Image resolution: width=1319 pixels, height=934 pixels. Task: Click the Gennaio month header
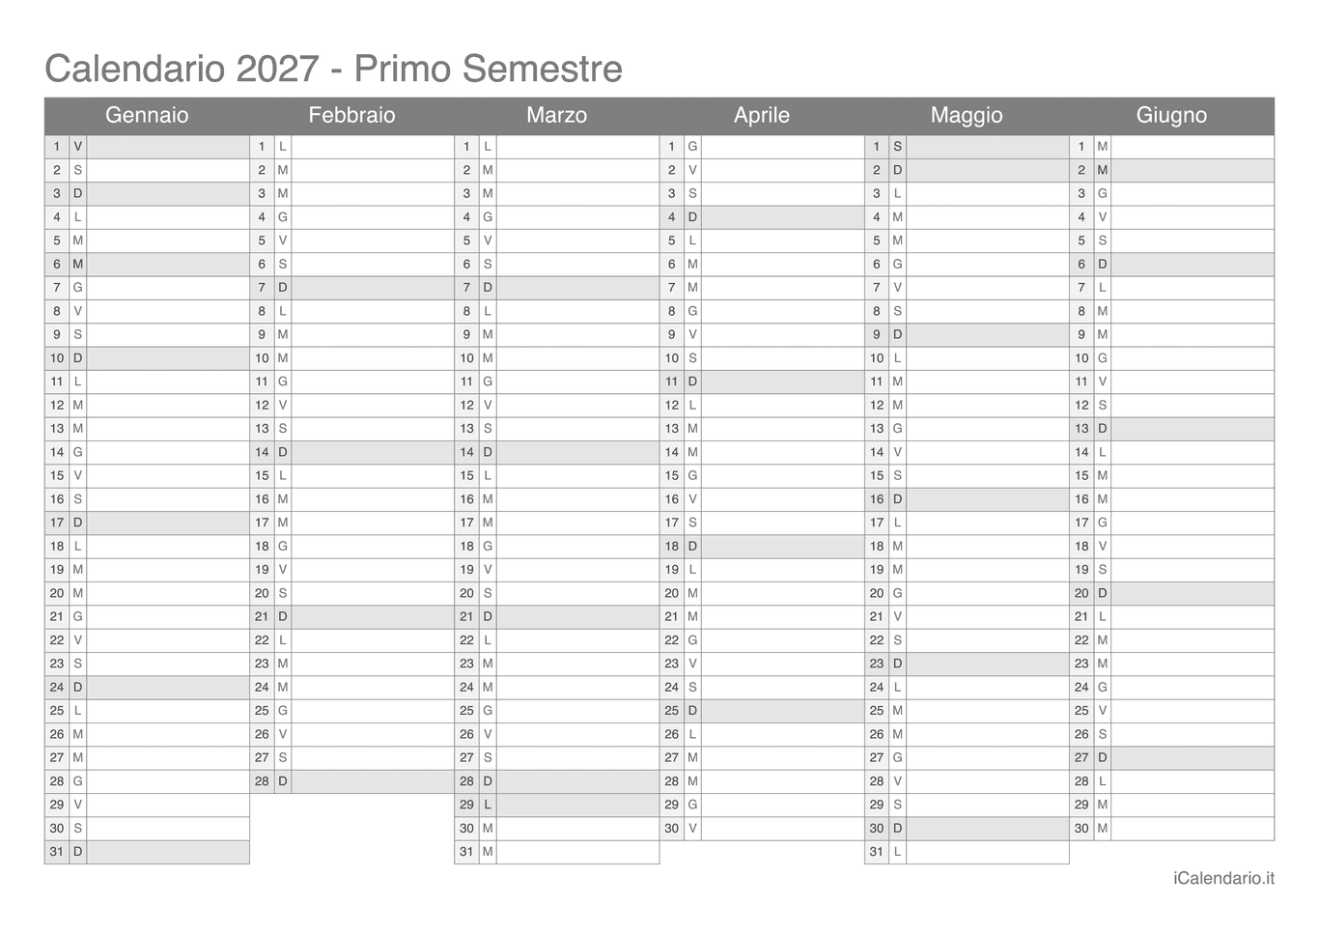(x=147, y=115)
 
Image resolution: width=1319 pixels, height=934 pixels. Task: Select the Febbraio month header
(x=351, y=115)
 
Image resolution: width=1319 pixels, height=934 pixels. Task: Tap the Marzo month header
(x=556, y=115)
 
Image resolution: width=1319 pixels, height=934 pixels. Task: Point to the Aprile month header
(x=761, y=115)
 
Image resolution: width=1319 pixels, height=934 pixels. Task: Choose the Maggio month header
(x=967, y=115)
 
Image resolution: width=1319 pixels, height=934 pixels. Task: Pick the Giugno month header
(x=1171, y=115)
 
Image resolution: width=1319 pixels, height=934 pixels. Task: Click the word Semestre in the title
(x=542, y=69)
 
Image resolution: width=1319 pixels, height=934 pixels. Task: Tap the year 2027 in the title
(x=277, y=69)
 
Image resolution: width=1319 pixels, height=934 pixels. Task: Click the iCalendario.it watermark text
(x=1223, y=878)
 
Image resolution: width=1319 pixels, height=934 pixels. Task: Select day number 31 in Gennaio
(x=57, y=852)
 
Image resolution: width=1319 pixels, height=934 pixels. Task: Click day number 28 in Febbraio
(x=262, y=781)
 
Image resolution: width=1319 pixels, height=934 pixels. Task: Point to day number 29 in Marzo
(x=466, y=805)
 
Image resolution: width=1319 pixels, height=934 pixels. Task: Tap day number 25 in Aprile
(x=671, y=711)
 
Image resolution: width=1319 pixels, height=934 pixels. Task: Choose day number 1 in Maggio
(x=877, y=147)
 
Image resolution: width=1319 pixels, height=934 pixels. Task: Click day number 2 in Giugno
(x=1081, y=170)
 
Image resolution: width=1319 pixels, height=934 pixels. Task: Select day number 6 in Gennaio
(x=57, y=264)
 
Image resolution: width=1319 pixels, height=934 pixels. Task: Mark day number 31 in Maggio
(x=876, y=852)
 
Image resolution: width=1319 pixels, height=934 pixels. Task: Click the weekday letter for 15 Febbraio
(x=283, y=475)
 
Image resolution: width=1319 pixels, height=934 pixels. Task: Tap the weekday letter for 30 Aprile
(x=692, y=828)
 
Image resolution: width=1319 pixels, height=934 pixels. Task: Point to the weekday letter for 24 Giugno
(x=1103, y=687)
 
